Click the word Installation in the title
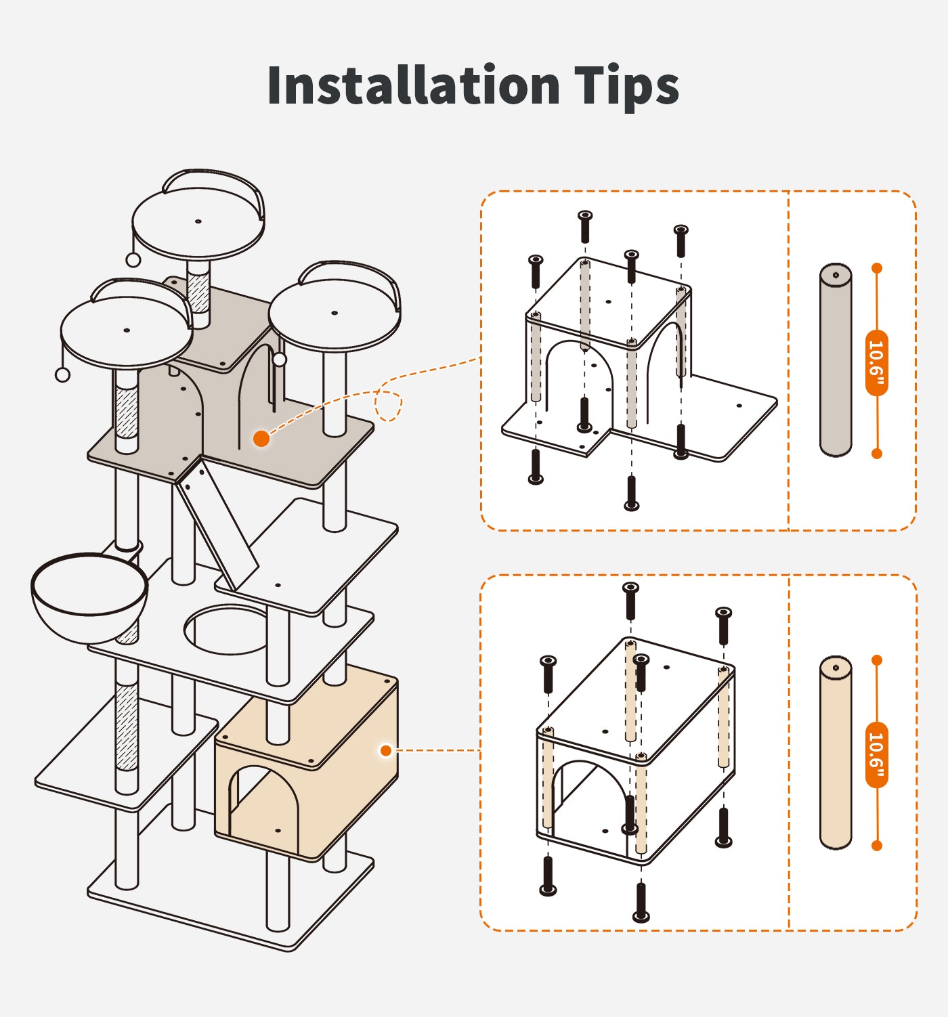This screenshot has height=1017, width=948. pyautogui.click(x=413, y=85)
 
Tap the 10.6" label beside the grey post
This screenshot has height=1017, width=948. pyautogui.click(x=876, y=362)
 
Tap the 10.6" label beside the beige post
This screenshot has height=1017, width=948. pyautogui.click(x=876, y=754)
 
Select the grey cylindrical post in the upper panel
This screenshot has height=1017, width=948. pyautogui.click(x=836, y=360)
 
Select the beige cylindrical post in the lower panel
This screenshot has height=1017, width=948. pyautogui.click(x=836, y=752)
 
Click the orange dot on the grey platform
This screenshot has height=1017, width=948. pyautogui.click(x=261, y=439)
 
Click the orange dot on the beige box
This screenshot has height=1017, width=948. pyautogui.click(x=386, y=750)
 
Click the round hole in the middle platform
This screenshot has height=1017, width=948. pyautogui.click(x=226, y=630)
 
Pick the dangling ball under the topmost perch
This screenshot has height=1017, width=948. pyautogui.click(x=133, y=260)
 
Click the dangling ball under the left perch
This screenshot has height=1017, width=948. pyautogui.click(x=62, y=374)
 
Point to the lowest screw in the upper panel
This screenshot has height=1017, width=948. pyautogui.click(x=631, y=493)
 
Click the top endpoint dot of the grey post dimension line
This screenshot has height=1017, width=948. pyautogui.click(x=877, y=268)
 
